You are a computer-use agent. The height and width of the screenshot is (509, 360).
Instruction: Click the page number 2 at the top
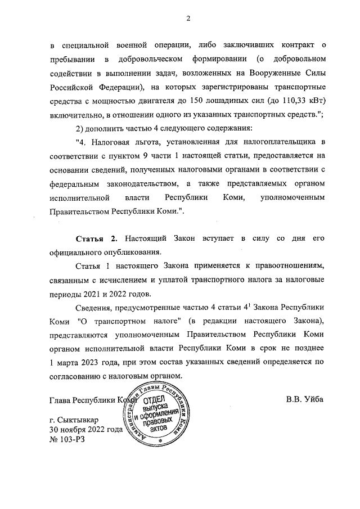click(189, 19)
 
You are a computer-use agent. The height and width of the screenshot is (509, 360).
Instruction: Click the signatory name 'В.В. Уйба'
click(305, 400)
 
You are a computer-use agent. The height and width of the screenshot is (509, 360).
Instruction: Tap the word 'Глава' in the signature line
click(62, 400)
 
